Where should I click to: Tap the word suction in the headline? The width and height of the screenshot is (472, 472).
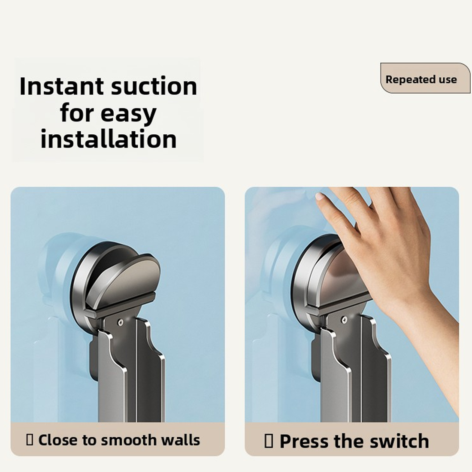154,86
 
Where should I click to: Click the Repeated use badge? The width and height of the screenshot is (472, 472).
425,78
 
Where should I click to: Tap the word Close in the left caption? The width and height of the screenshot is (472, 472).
58,440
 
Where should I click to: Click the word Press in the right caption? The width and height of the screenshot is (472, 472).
305,441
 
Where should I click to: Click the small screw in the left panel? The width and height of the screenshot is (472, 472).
120,322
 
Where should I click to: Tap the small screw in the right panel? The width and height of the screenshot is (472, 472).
345,319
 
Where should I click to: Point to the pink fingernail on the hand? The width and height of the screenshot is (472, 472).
319,197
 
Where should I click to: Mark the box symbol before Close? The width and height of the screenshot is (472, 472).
30,440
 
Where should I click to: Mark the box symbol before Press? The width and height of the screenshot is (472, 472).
269,441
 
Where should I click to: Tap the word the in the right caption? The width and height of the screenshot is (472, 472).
349,441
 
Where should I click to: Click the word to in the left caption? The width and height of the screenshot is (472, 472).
89,440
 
